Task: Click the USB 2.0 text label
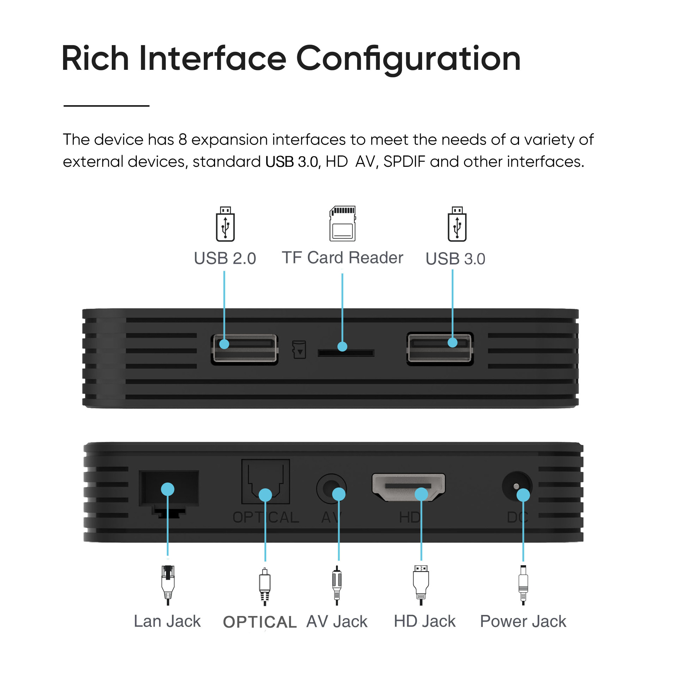225,258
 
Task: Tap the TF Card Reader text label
342,258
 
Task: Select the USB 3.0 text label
455,259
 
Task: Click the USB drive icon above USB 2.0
225,224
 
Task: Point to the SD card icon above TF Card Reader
342,224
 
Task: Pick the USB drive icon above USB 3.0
457,224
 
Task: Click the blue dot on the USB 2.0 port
224,344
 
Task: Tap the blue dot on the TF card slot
342,347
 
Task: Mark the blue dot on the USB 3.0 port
452,342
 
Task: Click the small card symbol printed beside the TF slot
299,349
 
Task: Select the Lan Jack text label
167,621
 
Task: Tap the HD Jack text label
425,621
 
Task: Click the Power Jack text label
523,621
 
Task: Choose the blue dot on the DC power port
523,495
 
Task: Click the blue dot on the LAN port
167,489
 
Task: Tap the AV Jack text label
337,622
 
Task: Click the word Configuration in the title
408,59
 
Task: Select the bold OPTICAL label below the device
260,622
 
